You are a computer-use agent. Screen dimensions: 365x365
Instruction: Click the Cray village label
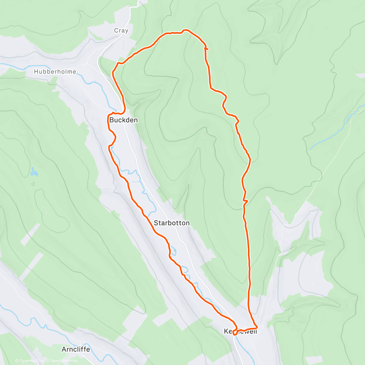pos(121,30)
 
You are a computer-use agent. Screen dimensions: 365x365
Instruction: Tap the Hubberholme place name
pos(55,72)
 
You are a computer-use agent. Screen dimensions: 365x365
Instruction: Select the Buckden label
pos(123,120)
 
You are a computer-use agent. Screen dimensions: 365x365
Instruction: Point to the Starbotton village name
pos(172,223)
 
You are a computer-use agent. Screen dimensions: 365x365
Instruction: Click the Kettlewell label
pos(240,331)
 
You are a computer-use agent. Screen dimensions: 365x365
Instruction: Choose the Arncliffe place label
pos(76,349)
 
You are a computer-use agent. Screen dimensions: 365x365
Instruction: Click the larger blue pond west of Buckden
pos(34,172)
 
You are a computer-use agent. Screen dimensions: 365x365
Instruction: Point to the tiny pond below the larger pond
pos(33,184)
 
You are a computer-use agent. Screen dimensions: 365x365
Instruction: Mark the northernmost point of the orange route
pos(185,30)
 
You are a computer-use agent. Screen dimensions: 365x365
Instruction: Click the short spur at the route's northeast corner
pos(207,48)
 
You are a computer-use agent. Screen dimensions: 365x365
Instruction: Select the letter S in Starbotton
pos(156,223)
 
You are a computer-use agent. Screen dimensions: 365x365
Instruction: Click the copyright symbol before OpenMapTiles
pos(17,361)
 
